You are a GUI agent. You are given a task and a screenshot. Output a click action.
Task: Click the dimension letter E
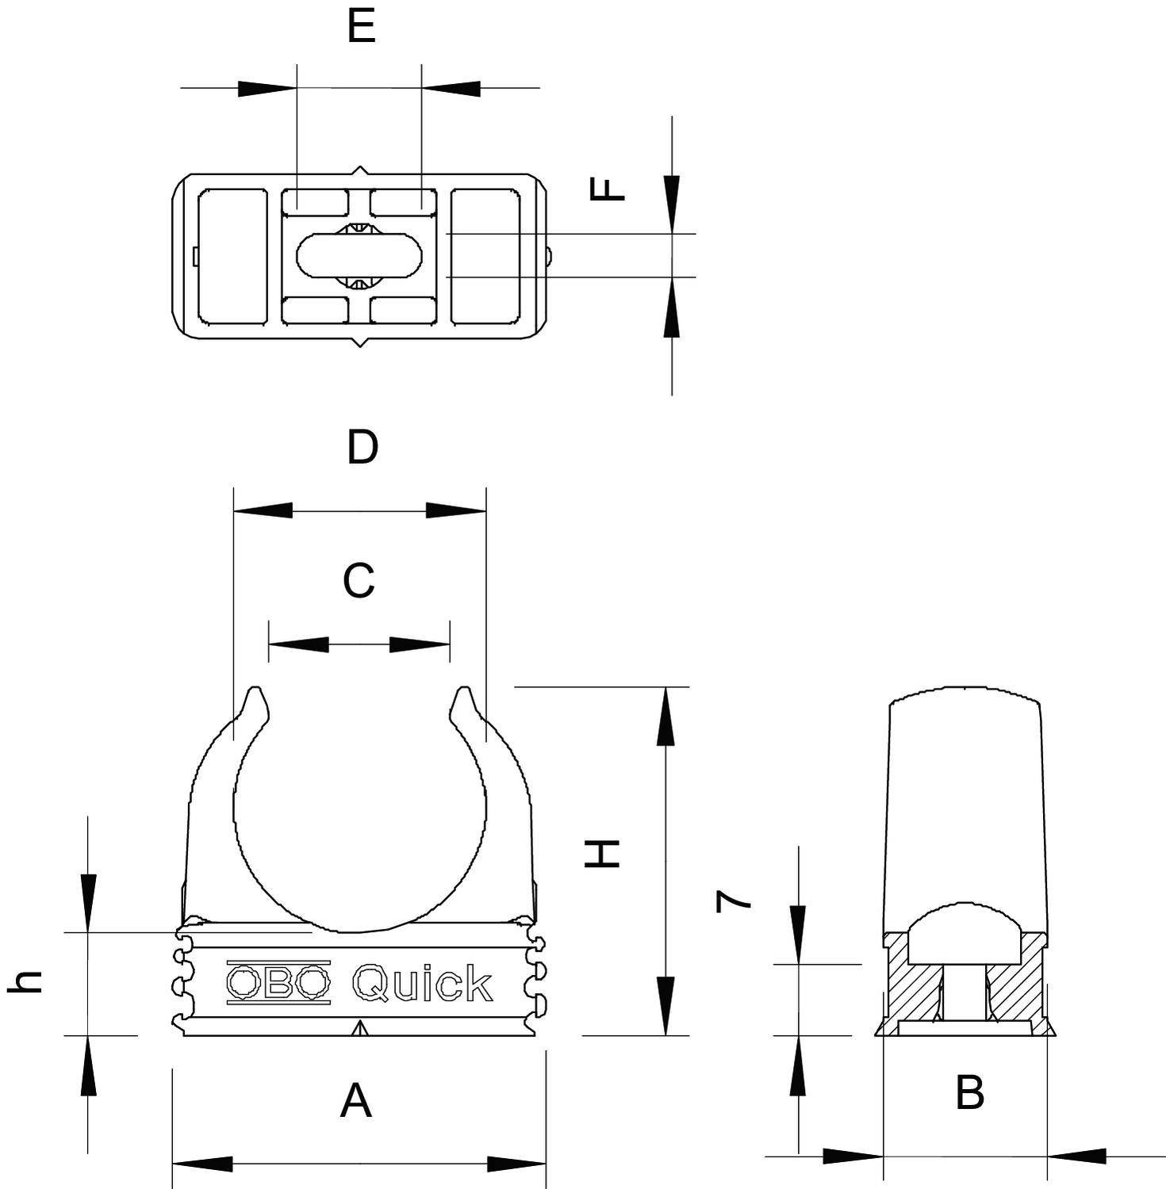point(361,27)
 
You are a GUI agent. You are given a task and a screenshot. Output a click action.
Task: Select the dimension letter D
point(362,448)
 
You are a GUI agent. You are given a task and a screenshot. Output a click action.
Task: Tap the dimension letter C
point(359,581)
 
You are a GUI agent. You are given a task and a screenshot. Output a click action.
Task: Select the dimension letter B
point(969,1092)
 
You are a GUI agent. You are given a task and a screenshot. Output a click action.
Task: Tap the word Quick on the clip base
point(422,984)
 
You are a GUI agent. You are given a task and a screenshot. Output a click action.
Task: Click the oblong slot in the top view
point(359,255)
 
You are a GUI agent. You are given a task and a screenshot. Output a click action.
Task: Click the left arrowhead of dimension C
point(299,644)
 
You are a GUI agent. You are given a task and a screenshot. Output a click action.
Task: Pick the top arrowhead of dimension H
point(665,717)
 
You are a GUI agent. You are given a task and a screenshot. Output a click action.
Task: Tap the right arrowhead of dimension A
point(516,1164)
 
